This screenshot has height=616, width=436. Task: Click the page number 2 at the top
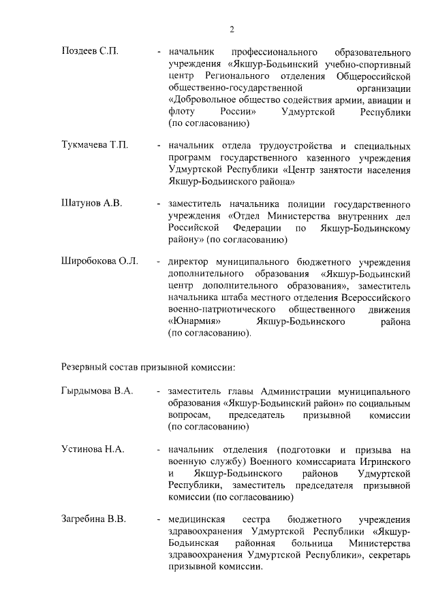point(232,29)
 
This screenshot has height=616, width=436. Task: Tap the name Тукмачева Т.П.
point(95,146)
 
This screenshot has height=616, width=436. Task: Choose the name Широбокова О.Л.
point(99,261)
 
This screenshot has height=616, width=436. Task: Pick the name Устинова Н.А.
point(93,449)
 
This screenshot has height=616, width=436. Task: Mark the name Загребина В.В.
point(93,520)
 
